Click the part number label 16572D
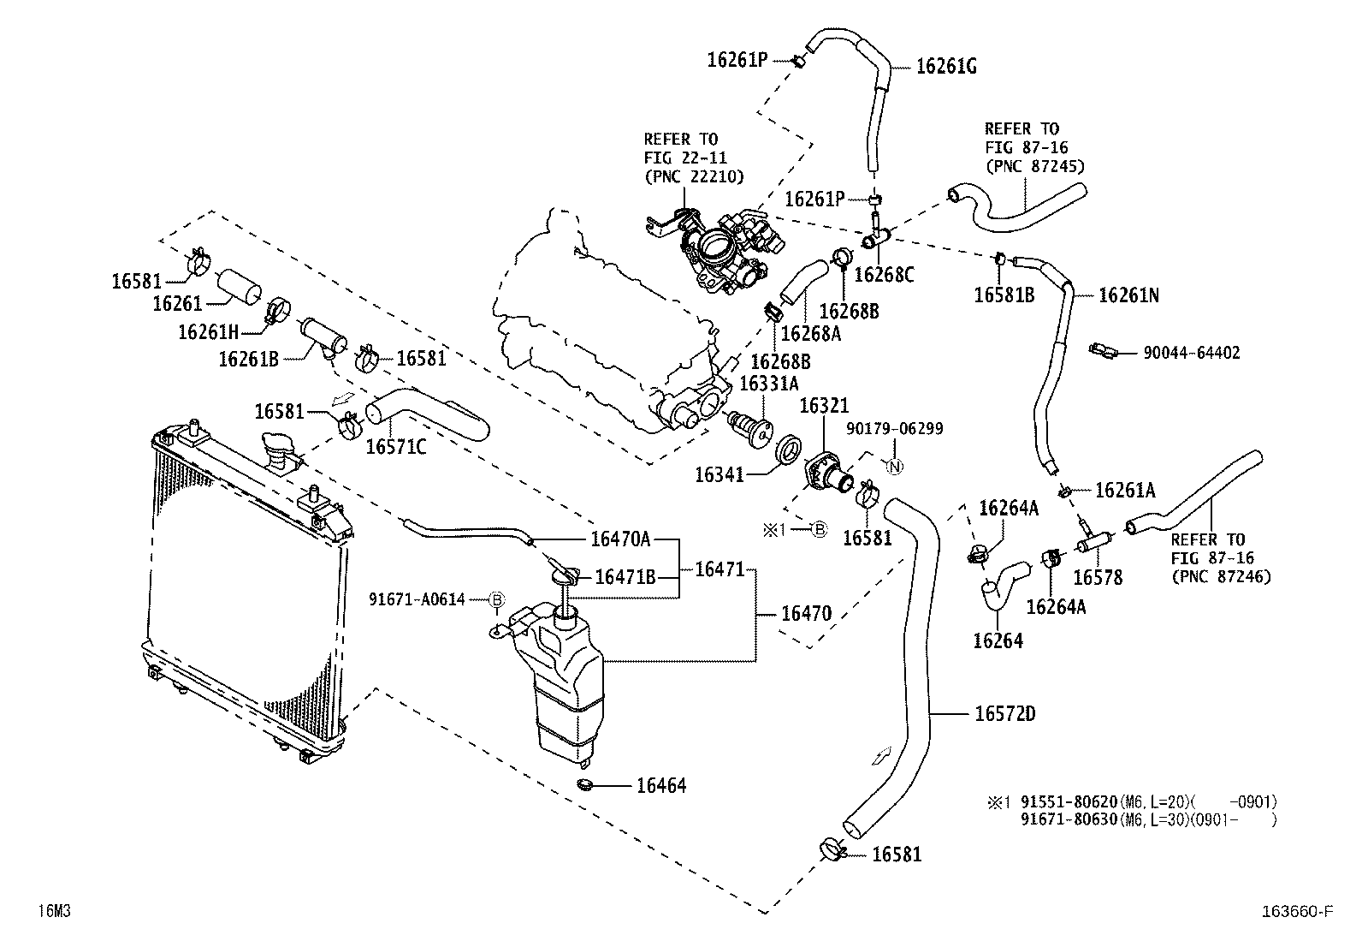click(x=1004, y=713)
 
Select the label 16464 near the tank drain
click(x=660, y=785)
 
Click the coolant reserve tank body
click(x=566, y=685)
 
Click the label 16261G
click(x=946, y=66)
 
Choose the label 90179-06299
click(x=894, y=428)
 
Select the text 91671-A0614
click(x=417, y=599)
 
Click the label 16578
click(x=1098, y=577)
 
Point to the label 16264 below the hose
click(x=998, y=640)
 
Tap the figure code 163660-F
click(x=1298, y=912)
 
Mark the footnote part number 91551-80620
click(x=1069, y=802)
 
